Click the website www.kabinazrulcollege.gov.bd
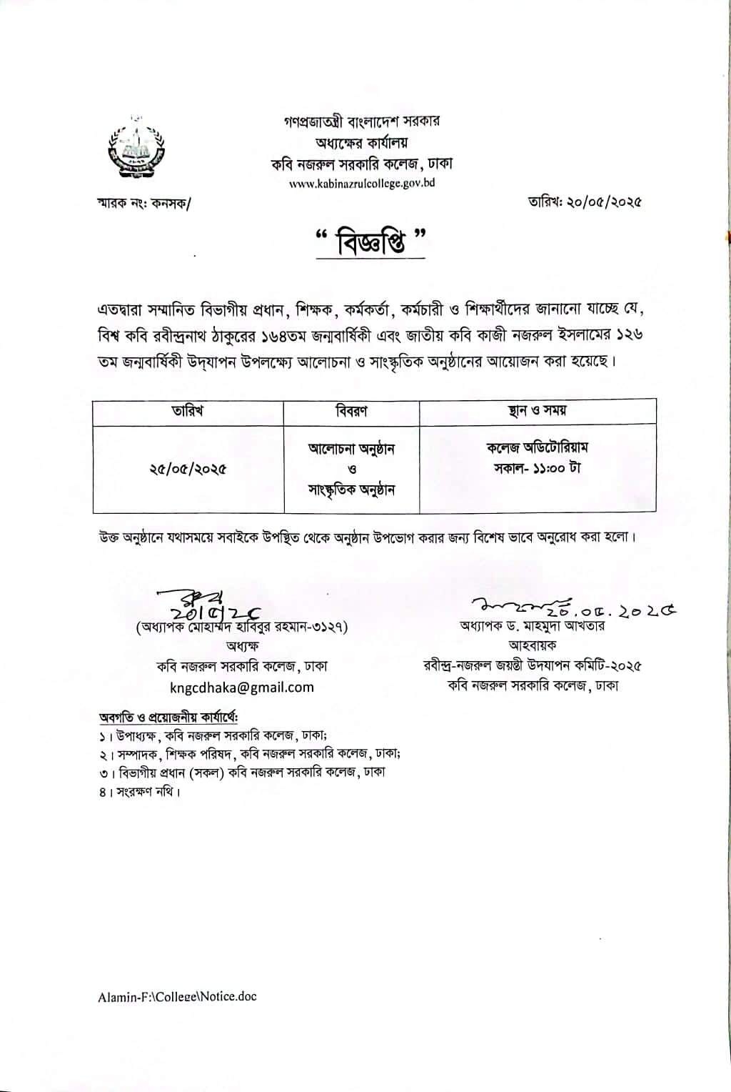point(362,183)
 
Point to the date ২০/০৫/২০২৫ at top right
point(585,202)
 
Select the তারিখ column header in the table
point(188,412)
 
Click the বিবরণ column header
point(351,412)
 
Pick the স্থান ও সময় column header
point(537,411)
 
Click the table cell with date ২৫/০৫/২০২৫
point(188,470)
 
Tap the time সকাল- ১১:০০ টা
point(537,468)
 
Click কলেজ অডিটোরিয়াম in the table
point(537,448)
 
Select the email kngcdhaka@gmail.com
point(242,688)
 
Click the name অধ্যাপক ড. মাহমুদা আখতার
point(533,626)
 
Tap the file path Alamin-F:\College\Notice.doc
point(177,996)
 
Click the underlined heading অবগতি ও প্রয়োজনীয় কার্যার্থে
point(168,717)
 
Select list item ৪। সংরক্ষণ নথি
point(139,792)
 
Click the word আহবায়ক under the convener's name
point(533,645)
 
